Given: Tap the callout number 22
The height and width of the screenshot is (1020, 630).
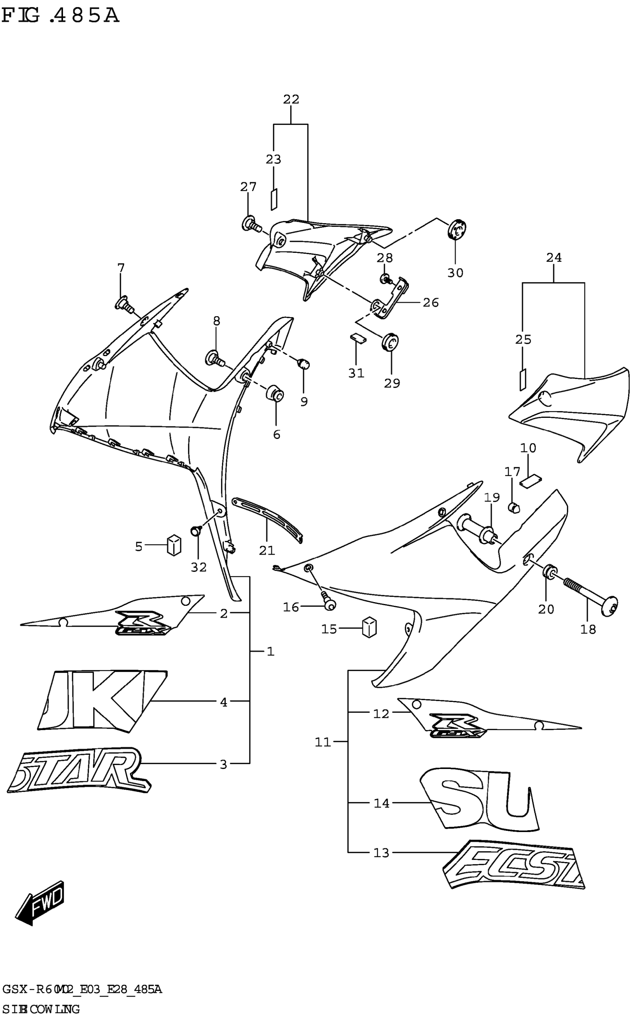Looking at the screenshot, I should point(291,99).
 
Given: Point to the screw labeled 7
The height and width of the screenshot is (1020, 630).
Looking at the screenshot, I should point(124,304).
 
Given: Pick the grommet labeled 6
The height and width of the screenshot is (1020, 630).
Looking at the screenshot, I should point(275,393).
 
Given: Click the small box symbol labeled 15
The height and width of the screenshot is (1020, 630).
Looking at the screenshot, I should point(369,627).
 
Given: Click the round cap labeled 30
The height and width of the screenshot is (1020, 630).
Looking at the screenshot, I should point(457,229).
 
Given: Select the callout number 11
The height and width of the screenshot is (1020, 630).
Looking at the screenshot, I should point(322,742).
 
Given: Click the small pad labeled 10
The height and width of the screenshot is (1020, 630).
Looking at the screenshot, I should point(530,481).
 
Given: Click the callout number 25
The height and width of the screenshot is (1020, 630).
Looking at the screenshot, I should point(523,339).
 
